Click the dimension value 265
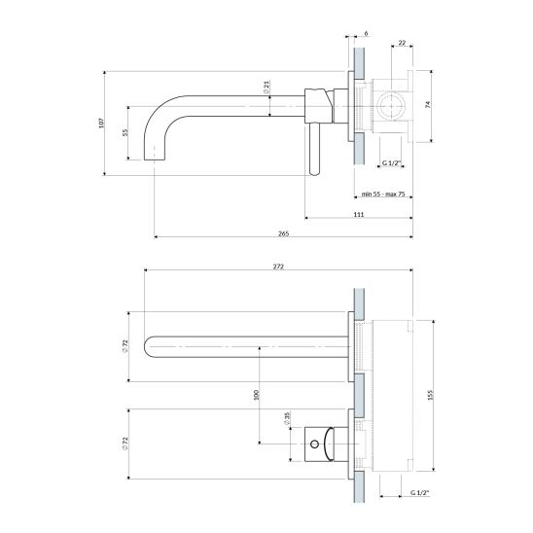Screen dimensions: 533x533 [283, 233]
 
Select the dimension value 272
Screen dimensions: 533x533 [278, 266]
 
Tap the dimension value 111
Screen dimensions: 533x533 [359, 214]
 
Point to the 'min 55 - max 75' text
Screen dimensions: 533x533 [383, 195]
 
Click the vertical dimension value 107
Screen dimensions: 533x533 [100, 123]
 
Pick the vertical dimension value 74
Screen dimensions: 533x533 [428, 104]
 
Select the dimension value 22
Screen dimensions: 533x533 [402, 43]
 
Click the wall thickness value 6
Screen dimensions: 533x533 [366, 33]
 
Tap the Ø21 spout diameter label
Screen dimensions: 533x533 [266, 87]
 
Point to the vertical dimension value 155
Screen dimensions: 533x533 [430, 395]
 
